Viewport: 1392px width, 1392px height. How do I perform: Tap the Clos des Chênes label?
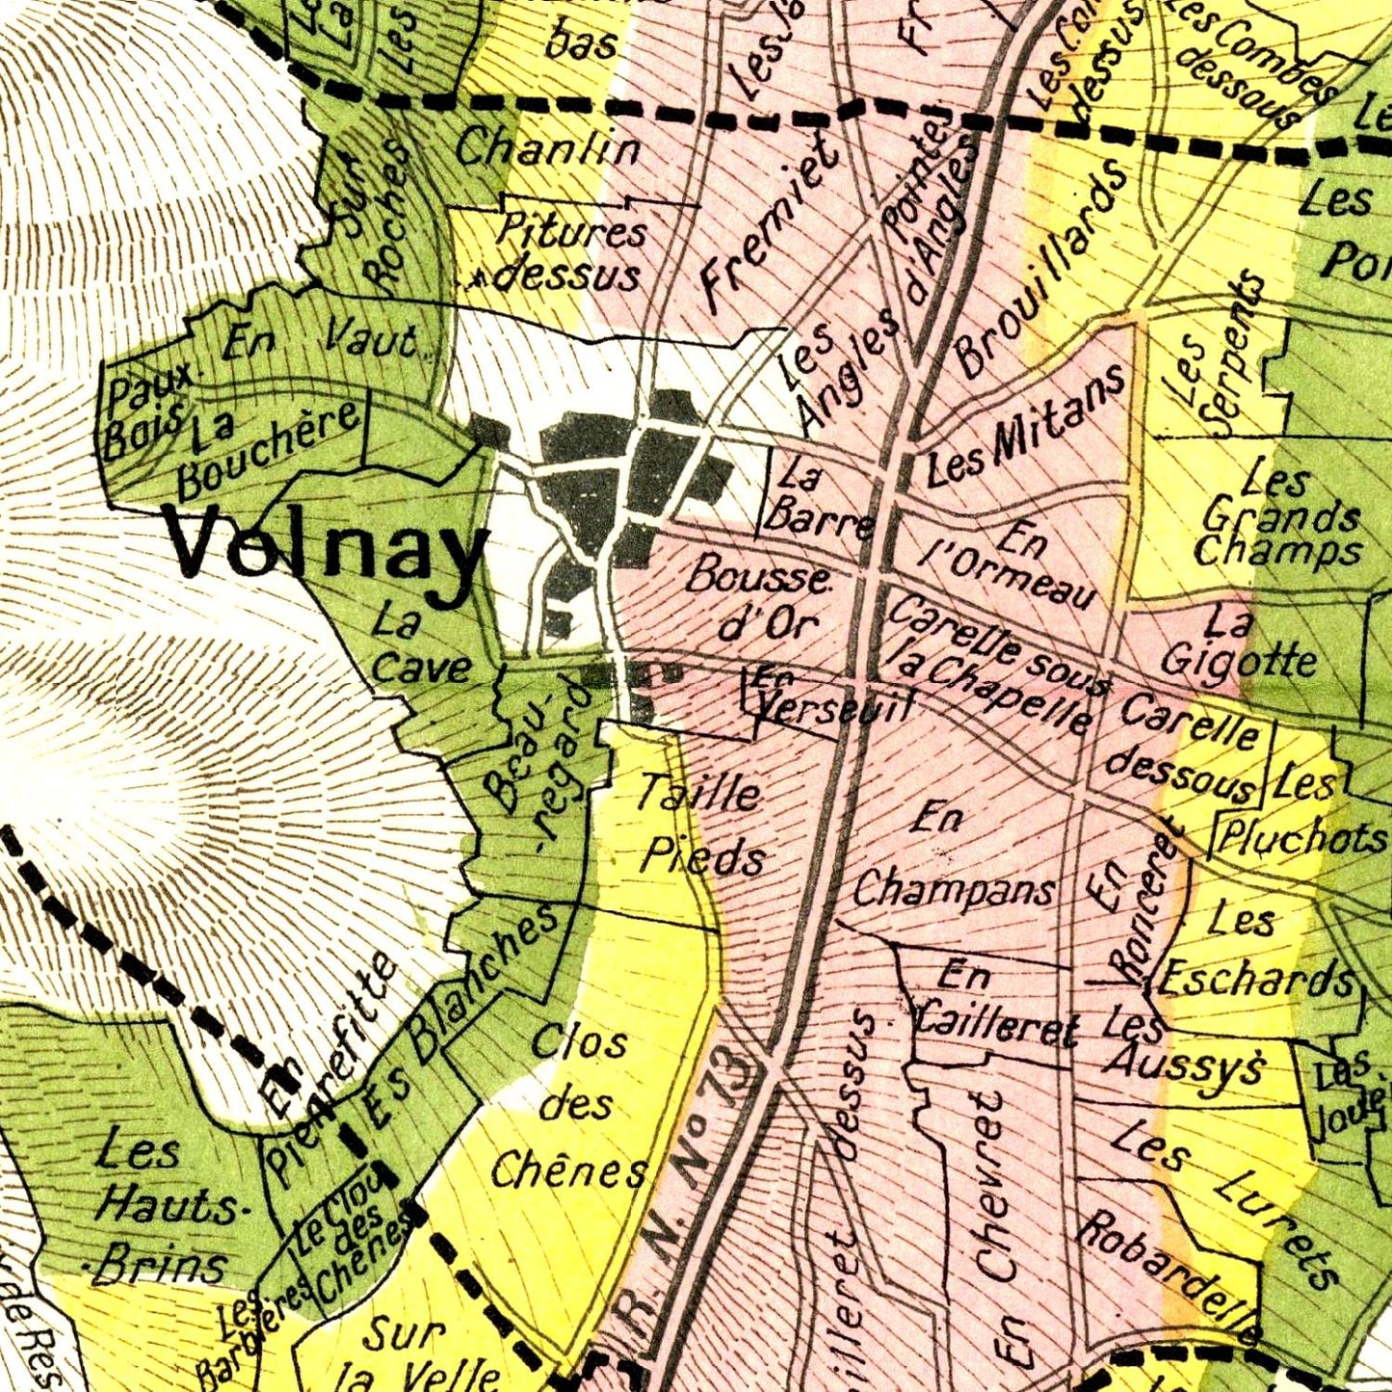(x=569, y=1109)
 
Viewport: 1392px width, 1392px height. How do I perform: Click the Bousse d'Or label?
(x=761, y=601)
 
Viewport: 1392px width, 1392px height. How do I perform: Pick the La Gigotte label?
(x=1239, y=644)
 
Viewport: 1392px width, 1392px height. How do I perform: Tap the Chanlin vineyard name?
(x=548, y=149)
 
